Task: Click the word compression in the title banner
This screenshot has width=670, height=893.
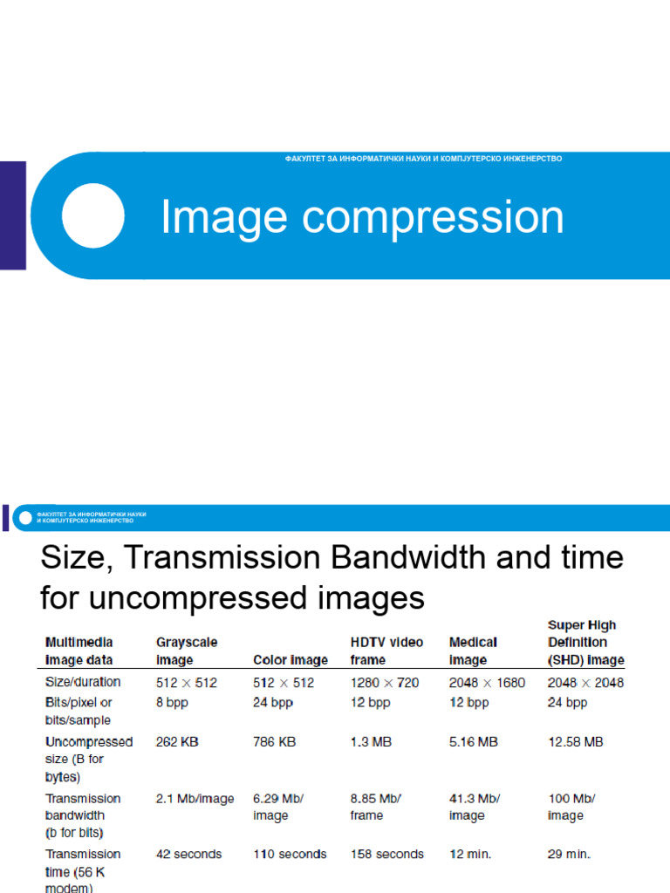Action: pyautogui.click(x=434, y=218)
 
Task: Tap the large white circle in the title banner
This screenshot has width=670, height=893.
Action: pyautogui.click(x=92, y=215)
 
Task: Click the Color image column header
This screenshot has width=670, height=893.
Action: pyautogui.click(x=291, y=660)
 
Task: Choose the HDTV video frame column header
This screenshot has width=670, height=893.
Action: pyautogui.click(x=386, y=651)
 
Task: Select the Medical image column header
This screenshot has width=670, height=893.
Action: pyautogui.click(x=473, y=651)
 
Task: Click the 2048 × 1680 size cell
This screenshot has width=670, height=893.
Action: pyautogui.click(x=487, y=682)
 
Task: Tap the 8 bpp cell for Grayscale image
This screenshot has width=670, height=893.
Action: pyautogui.click(x=172, y=702)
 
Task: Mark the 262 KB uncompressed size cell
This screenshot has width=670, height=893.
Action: pyautogui.click(x=177, y=742)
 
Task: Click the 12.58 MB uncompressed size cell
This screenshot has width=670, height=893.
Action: pyautogui.click(x=575, y=742)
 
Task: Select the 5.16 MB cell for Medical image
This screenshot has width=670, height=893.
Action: pyautogui.click(x=474, y=742)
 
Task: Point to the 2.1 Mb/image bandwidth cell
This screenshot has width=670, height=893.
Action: pyautogui.click(x=195, y=799)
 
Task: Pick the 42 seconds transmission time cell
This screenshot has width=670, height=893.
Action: pyautogui.click(x=188, y=855)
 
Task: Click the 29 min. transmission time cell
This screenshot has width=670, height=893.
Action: pyautogui.click(x=569, y=855)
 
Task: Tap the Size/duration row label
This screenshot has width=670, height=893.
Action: pyautogui.click(x=83, y=682)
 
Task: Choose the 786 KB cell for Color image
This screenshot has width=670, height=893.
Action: pyautogui.click(x=274, y=742)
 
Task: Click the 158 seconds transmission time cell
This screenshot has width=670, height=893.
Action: pyautogui.click(x=386, y=855)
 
